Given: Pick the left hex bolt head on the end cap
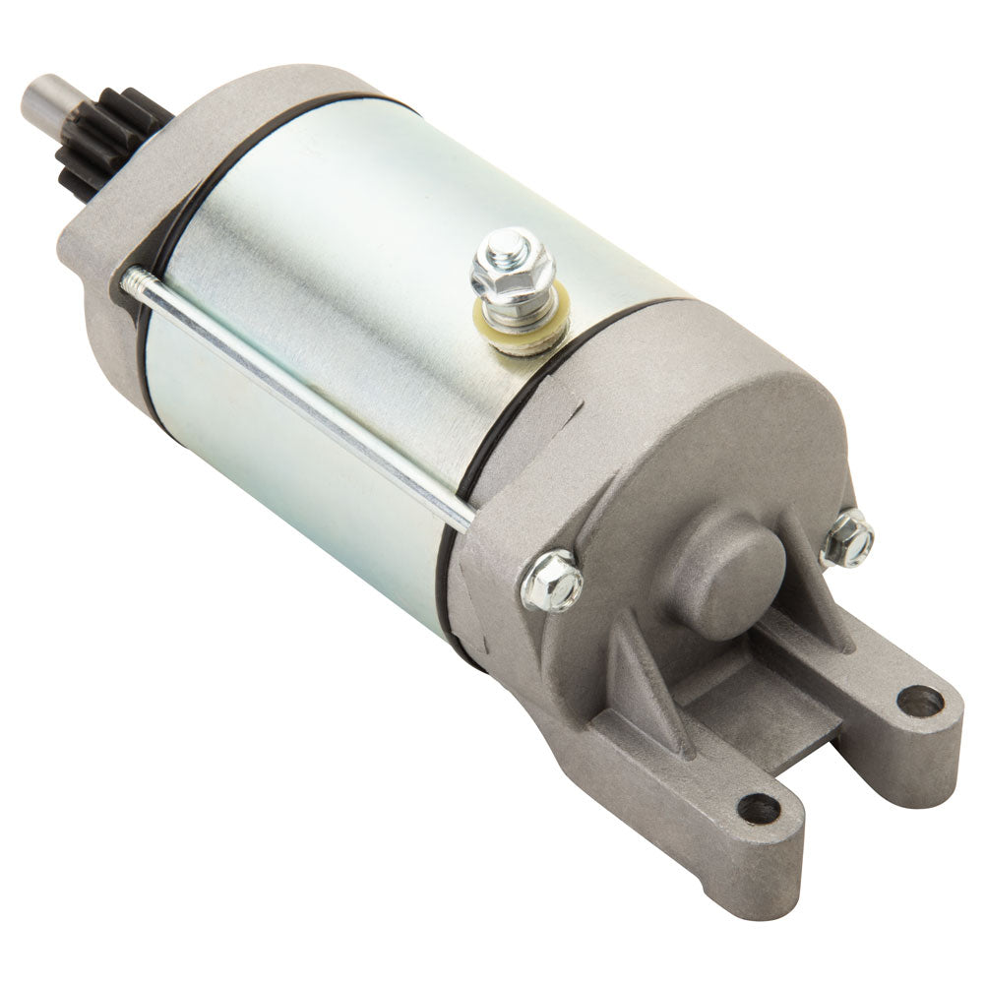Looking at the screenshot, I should coord(552,580).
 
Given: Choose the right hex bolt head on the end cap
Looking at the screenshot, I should coord(847,539).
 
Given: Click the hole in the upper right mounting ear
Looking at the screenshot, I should coord(920,701).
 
